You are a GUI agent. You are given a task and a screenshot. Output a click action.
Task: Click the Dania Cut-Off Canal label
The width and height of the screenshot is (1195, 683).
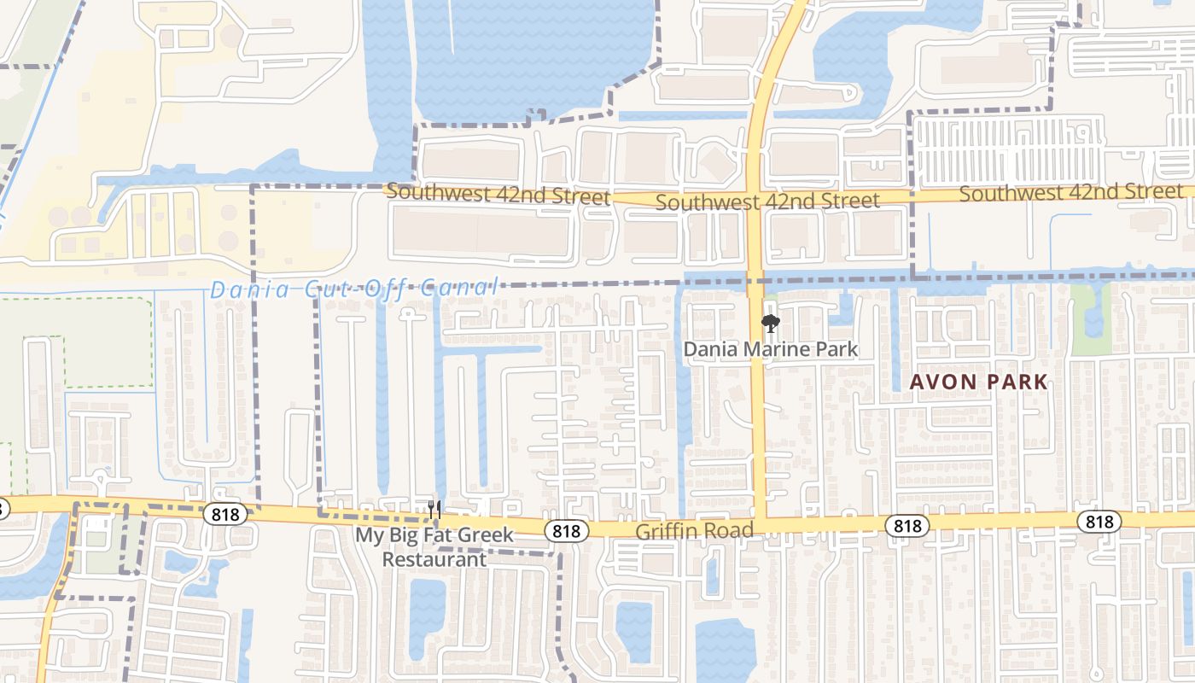tap(354, 289)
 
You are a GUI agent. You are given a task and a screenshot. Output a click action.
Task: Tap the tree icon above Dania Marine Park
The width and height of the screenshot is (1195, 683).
tap(770, 324)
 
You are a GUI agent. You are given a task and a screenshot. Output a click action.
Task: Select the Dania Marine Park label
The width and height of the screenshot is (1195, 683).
tap(770, 349)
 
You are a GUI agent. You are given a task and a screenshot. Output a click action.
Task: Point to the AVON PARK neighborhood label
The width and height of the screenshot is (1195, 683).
tap(978, 382)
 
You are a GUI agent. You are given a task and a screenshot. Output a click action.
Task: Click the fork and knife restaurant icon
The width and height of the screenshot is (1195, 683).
tap(435, 510)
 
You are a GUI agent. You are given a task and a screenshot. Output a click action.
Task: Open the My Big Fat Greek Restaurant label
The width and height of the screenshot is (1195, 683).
tap(434, 547)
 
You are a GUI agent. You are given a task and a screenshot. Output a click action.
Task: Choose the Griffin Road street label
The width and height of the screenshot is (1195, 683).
tap(694, 531)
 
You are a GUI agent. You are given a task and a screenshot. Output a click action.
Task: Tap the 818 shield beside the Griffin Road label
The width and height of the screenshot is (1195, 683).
tap(566, 531)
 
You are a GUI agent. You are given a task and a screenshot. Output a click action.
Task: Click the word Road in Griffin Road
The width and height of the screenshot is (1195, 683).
tap(732, 531)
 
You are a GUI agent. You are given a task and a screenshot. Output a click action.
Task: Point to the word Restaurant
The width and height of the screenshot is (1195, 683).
tap(434, 559)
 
